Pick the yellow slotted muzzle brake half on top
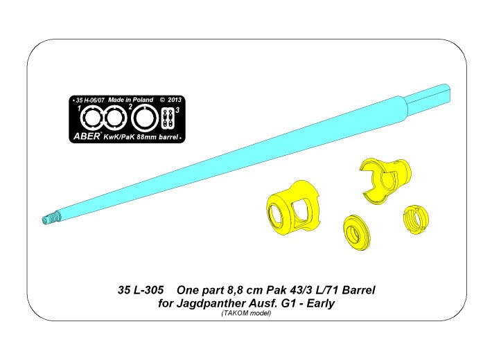click(386, 180)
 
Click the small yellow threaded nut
click(416, 219)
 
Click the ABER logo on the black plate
click(87, 136)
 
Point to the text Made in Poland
click(130, 100)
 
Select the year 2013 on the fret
click(175, 100)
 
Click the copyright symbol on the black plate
click(162, 100)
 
